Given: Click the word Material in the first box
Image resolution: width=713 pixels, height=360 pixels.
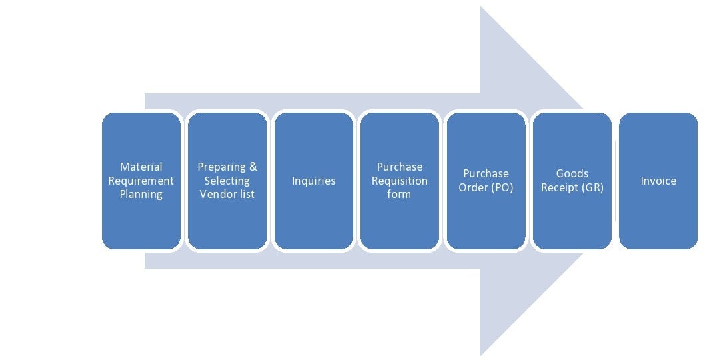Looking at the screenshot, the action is [141, 167].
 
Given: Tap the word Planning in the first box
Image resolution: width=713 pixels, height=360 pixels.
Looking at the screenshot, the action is [141, 195].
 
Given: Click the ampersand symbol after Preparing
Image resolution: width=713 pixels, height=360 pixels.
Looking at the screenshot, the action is [253, 167].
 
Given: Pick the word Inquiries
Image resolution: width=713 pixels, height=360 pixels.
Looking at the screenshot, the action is [313, 181].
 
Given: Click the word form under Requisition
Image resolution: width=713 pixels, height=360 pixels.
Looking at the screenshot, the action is [399, 195].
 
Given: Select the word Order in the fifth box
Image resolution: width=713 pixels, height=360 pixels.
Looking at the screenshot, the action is [473, 187].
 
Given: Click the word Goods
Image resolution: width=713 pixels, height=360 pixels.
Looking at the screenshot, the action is [572, 173].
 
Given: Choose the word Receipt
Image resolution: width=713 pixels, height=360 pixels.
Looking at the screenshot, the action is [559, 188].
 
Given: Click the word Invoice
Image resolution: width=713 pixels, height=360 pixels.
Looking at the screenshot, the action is [658, 181].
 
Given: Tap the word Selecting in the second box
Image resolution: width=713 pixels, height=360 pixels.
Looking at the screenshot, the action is [227, 181].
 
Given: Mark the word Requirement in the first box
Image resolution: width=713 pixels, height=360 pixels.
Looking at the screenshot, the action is [141, 181].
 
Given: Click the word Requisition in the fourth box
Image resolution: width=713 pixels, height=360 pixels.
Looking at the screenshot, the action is [400, 181].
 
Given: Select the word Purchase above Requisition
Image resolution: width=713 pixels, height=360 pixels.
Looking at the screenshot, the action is [400, 167].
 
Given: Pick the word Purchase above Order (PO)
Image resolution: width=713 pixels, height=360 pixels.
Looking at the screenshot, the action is [486, 173].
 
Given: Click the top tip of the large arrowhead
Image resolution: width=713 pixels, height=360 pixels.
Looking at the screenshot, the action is [480, 7].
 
